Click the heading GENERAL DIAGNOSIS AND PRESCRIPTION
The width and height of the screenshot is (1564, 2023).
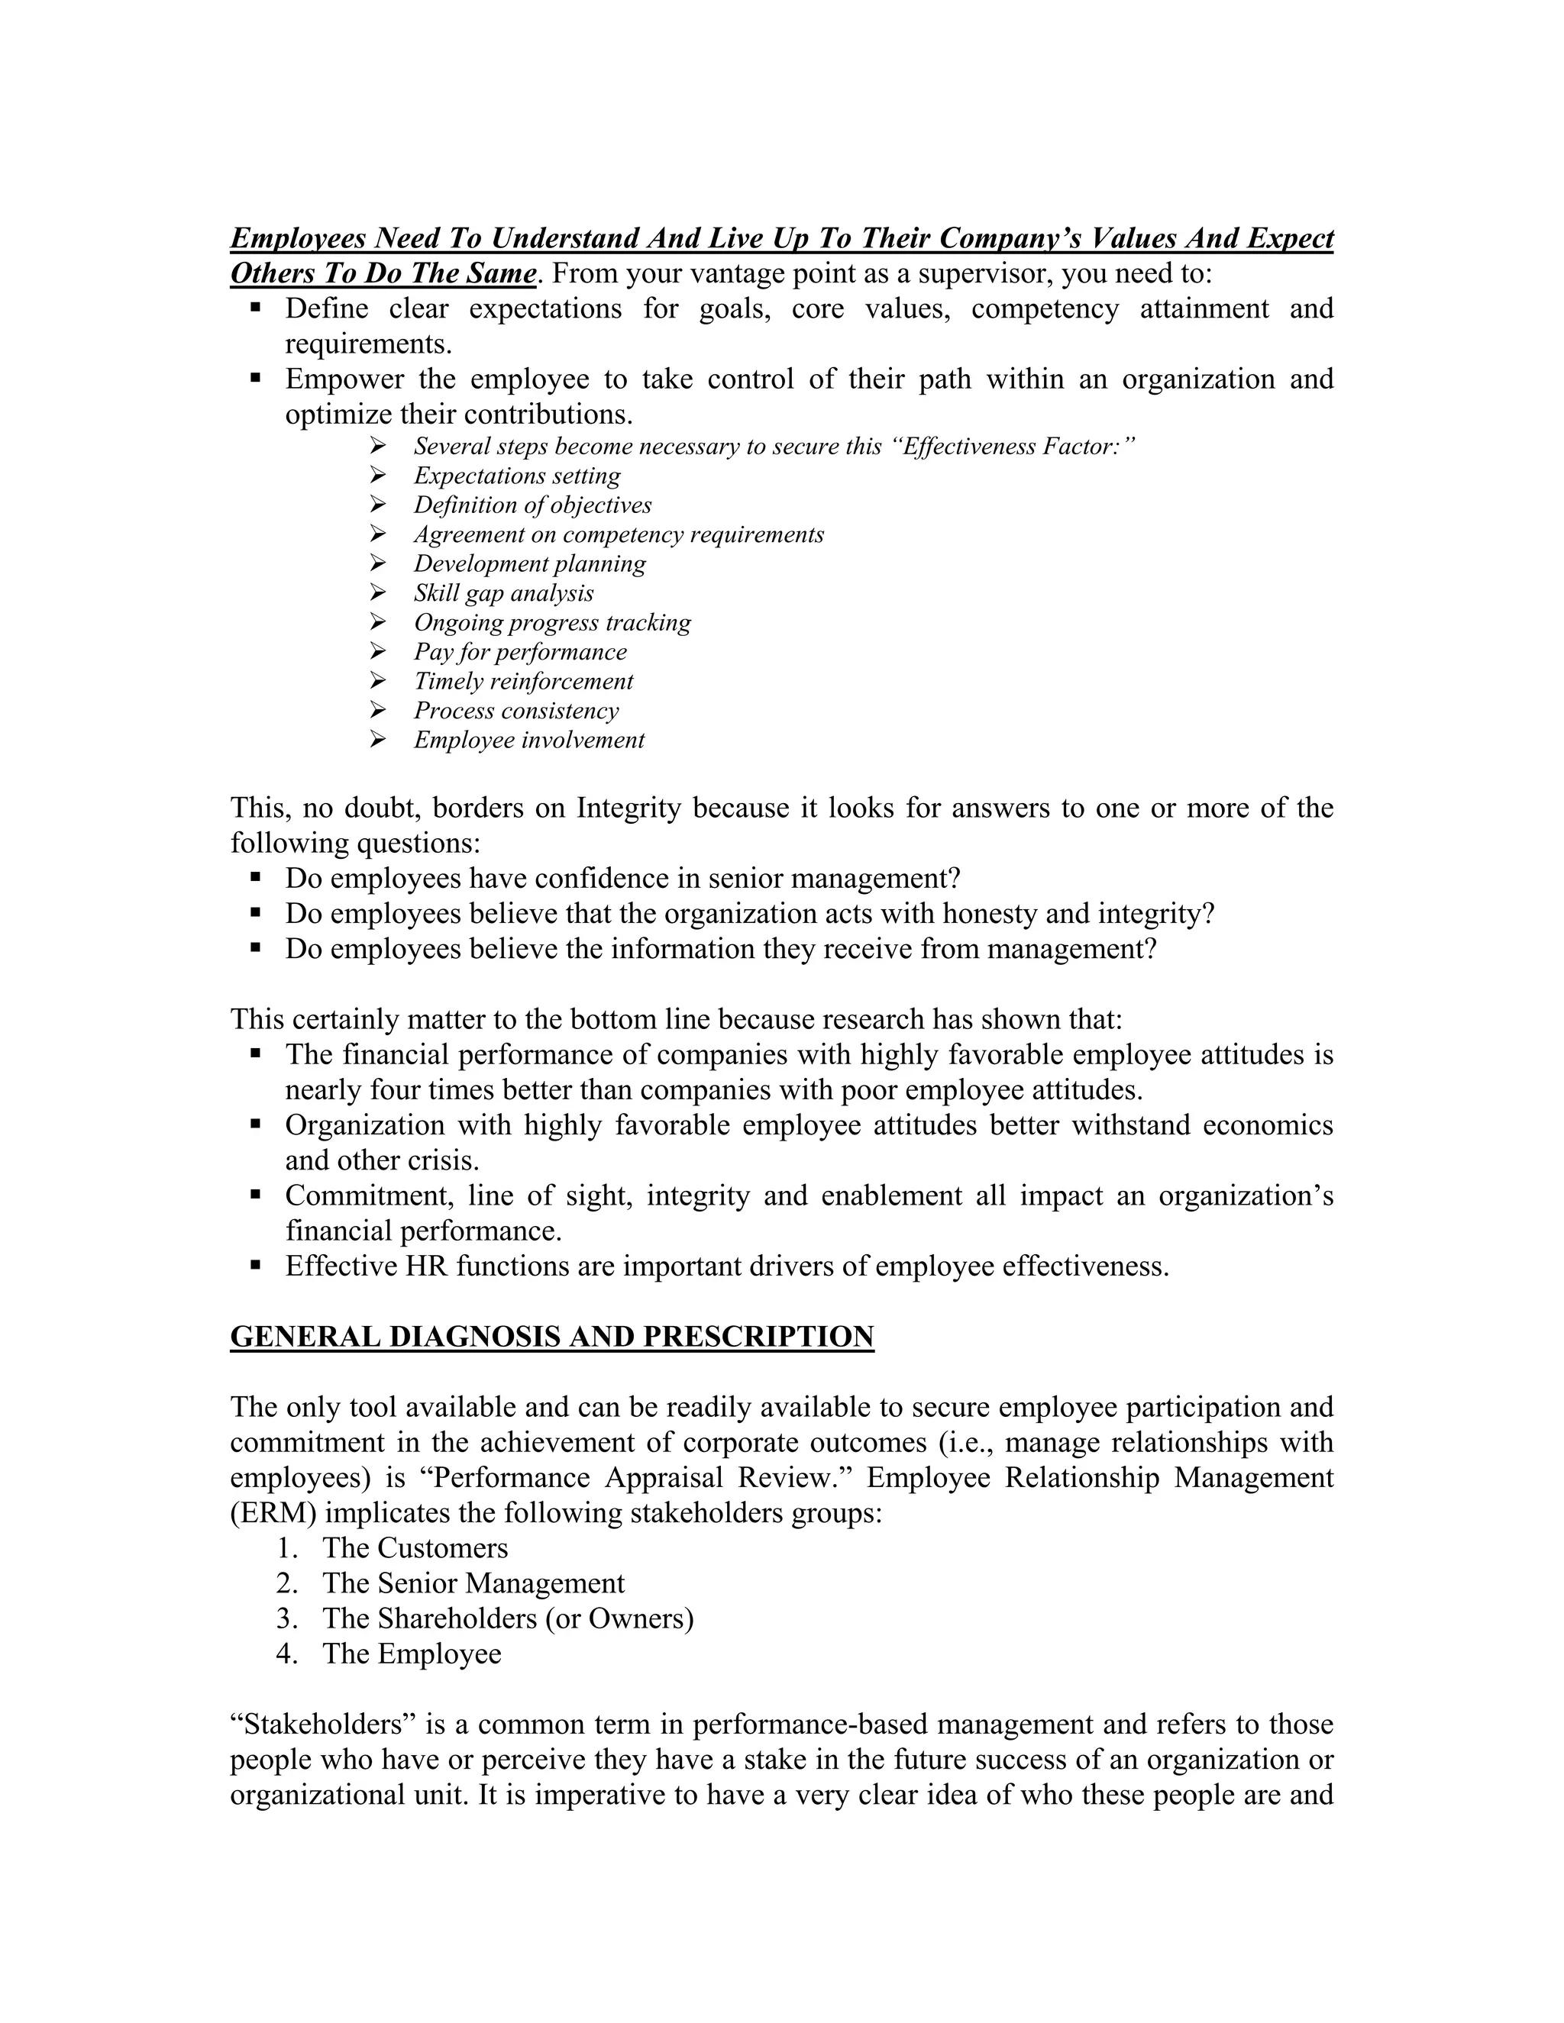(x=551, y=1337)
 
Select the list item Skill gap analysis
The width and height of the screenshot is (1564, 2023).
(x=503, y=593)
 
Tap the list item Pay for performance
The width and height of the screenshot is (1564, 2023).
(x=520, y=652)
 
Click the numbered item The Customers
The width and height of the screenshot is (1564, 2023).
(x=415, y=1548)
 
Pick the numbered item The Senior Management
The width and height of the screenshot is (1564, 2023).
(x=473, y=1583)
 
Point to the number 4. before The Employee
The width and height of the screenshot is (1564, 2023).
(x=286, y=1654)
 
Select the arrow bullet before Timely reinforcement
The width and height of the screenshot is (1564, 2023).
(x=377, y=681)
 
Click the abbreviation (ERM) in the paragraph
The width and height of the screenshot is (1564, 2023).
(x=273, y=1512)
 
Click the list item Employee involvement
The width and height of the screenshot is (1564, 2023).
(x=528, y=740)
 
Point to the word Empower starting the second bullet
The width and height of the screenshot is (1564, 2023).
(x=344, y=379)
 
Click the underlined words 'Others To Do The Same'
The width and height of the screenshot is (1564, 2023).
(x=383, y=274)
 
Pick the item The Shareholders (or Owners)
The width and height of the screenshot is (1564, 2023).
(x=508, y=1618)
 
